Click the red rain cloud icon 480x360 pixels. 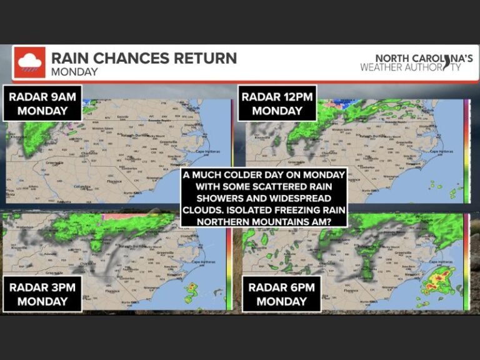[30, 62]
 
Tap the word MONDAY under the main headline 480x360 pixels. [74, 72]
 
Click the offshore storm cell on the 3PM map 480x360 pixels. [191, 288]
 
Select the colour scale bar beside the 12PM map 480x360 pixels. [466, 150]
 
